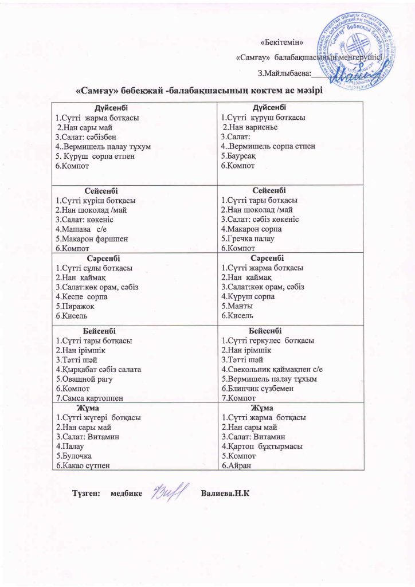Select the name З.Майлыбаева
pyautogui.click(x=284, y=73)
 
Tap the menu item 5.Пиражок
pyautogui.click(x=75, y=306)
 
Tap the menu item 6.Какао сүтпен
pyautogui.click(x=83, y=465)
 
